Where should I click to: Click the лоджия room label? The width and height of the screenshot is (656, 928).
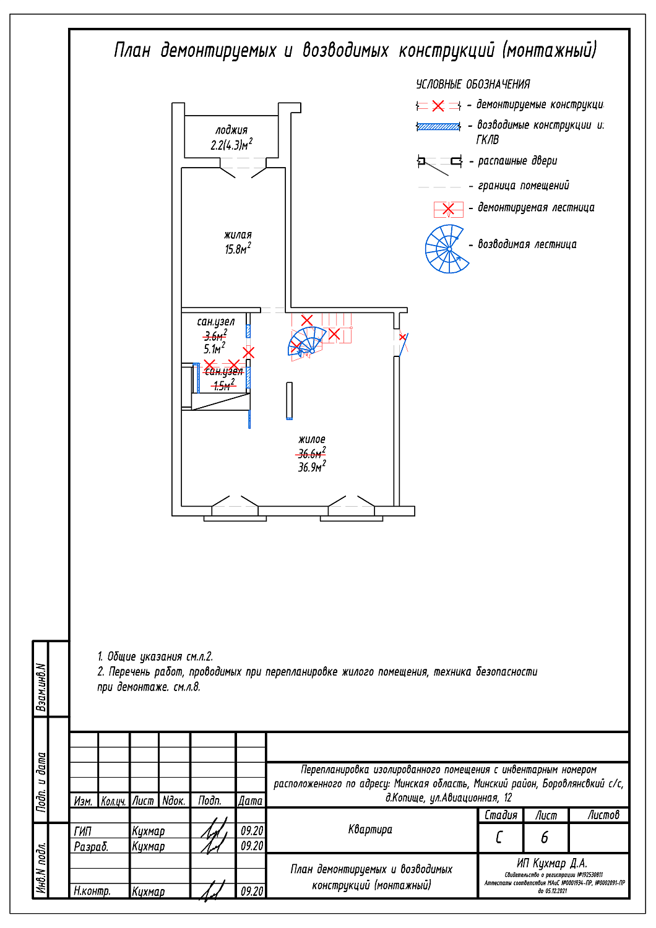point(231,130)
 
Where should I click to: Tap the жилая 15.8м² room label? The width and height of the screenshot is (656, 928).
point(238,242)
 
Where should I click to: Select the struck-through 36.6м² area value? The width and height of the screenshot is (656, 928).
point(311,453)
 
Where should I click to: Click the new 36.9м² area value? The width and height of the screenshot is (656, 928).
point(311,467)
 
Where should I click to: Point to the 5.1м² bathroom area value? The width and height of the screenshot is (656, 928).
point(214,349)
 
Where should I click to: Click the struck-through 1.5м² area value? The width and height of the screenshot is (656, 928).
point(223,385)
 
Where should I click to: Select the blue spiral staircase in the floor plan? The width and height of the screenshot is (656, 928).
point(308,342)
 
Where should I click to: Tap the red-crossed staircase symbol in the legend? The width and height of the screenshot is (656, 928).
point(448,209)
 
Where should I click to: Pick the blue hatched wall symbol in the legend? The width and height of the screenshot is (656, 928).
point(438,127)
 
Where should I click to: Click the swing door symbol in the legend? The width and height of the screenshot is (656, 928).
point(439,163)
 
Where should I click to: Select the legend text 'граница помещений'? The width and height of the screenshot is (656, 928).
point(523,186)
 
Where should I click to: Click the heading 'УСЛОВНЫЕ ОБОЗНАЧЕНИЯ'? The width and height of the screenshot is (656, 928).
point(473,84)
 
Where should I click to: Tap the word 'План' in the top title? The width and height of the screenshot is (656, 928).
point(132,50)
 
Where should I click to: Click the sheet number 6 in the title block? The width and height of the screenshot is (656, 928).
point(545,838)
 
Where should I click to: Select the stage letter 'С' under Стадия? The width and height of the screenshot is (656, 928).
point(499,838)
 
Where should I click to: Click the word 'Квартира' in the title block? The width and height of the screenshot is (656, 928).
point(370,829)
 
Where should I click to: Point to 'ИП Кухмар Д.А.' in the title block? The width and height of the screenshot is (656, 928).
point(552,863)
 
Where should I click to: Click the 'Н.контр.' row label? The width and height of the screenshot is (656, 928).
point(92,891)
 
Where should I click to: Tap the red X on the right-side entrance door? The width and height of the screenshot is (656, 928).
point(402,337)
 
